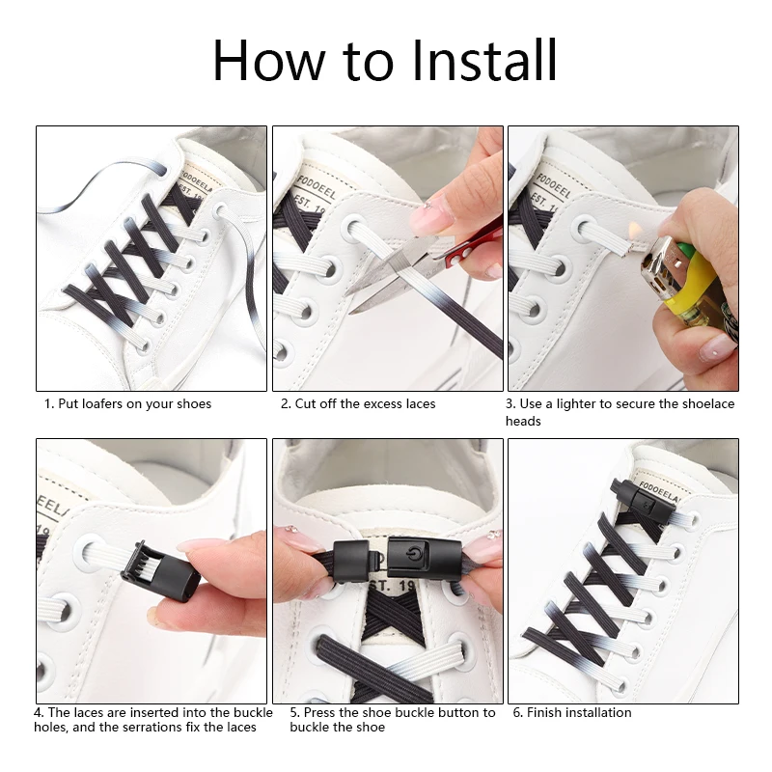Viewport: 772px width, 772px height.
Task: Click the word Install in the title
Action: click(484, 60)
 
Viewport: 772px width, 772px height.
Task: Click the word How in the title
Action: click(269, 60)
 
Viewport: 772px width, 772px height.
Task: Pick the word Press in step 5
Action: click(319, 712)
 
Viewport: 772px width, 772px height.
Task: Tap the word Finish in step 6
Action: click(544, 712)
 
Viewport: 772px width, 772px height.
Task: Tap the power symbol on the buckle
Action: click(412, 554)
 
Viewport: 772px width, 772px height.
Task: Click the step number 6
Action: click(517, 712)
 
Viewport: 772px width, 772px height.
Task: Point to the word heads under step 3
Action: click(523, 422)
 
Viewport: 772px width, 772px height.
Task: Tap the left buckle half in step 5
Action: click(351, 561)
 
